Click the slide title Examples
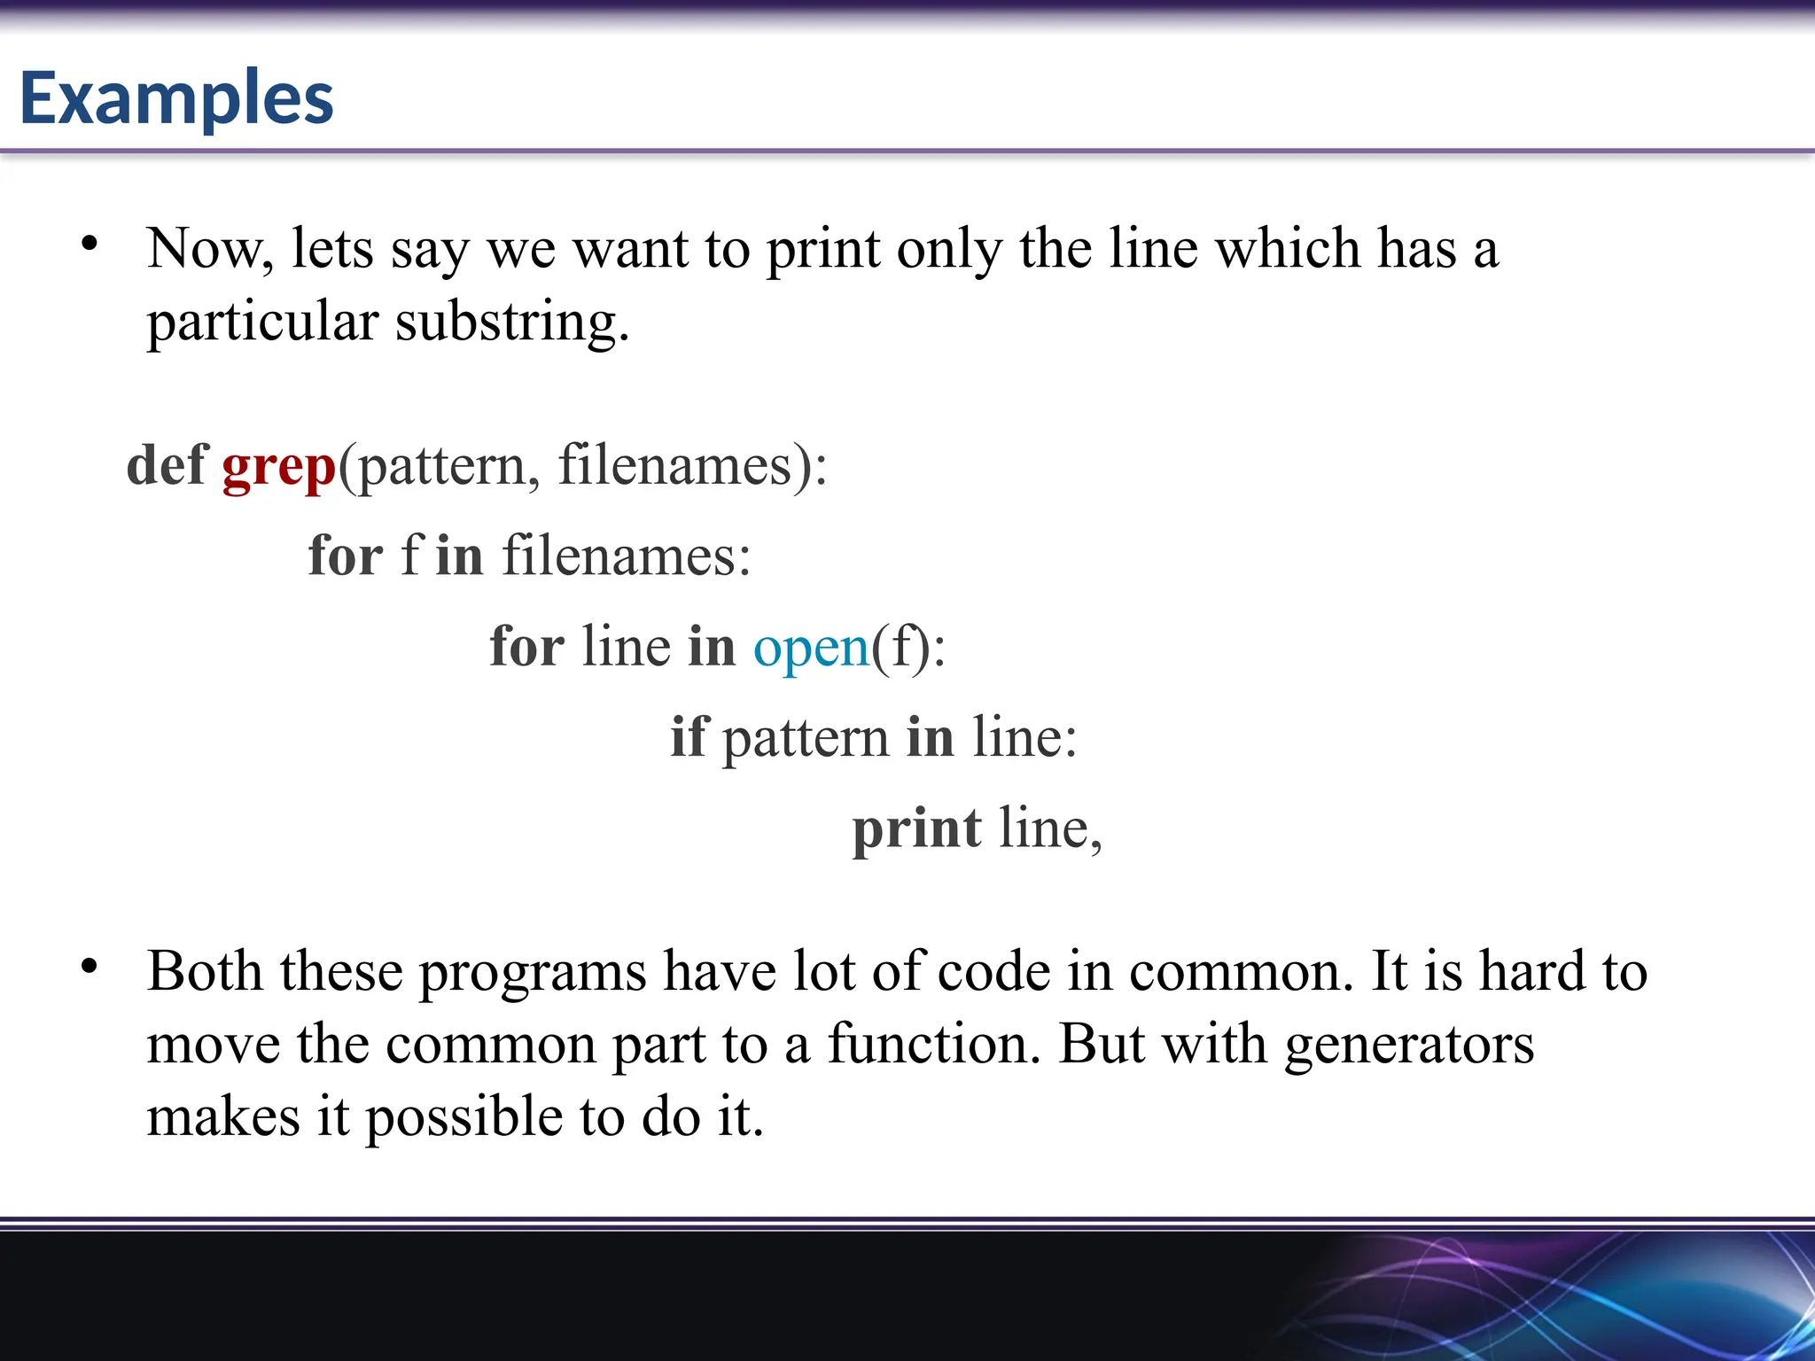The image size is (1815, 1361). click(x=176, y=98)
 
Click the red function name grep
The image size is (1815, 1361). click(x=278, y=466)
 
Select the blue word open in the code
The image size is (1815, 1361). click(x=811, y=647)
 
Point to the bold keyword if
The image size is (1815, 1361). click(x=689, y=737)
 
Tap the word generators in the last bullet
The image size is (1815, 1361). click(x=1409, y=1046)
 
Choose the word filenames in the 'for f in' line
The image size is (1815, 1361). click(x=626, y=556)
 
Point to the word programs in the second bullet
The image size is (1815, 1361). click(x=533, y=973)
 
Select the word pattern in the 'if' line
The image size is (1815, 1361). click(x=806, y=739)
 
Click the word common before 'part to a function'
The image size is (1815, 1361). click(x=491, y=1046)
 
